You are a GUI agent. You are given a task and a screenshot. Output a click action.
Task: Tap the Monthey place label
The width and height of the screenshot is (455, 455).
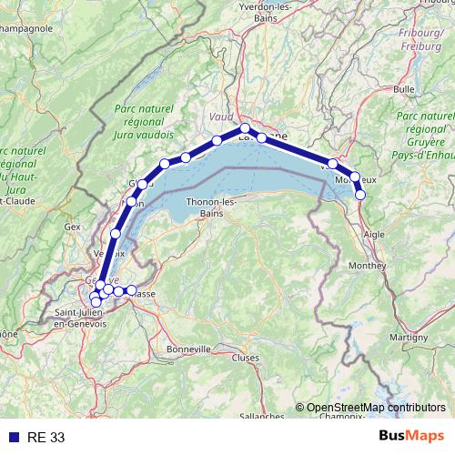pos(368,265)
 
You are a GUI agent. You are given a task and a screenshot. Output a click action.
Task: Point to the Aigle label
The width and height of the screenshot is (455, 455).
pos(375,233)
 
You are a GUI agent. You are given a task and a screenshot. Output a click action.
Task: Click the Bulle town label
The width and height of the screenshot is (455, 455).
pos(404,89)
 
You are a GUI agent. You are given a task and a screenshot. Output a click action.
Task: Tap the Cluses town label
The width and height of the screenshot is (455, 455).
pos(245,358)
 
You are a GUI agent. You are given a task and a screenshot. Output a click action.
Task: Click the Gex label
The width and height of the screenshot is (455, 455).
pos(73,226)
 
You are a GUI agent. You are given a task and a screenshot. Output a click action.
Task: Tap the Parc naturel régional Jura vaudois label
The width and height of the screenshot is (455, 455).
pos(143,125)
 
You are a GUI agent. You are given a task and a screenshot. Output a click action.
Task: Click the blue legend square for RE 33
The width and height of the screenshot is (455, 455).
pos(14,437)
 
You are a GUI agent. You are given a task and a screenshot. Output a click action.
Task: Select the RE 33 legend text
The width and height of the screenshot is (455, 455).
pos(45,437)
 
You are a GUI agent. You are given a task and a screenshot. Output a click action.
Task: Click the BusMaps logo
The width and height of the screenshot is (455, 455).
pos(411,437)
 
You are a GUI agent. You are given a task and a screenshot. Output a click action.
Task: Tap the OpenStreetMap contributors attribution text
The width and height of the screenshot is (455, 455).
pos(376,408)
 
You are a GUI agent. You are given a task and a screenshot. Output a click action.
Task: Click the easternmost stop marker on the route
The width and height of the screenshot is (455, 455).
pos(360,194)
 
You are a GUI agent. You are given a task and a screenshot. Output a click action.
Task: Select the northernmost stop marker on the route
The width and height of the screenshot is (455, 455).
pos(245,128)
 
